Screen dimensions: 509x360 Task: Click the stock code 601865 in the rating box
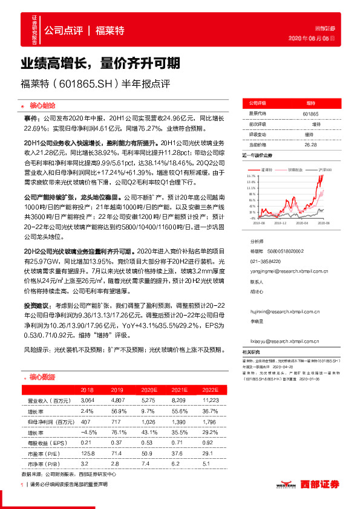(309, 113)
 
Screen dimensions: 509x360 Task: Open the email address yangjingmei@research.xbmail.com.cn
(281, 272)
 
